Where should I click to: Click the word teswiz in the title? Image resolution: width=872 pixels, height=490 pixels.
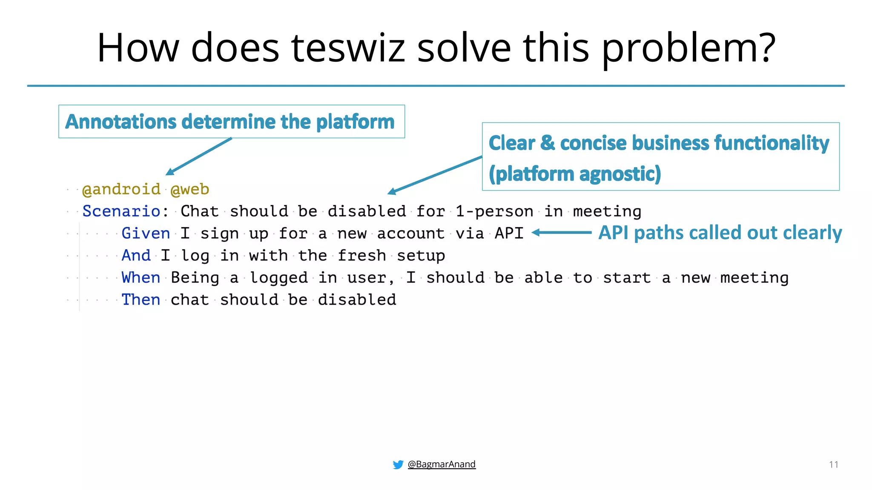coord(347,48)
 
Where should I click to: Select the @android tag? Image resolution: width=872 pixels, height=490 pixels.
coord(121,189)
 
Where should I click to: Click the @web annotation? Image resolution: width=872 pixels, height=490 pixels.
coord(190,189)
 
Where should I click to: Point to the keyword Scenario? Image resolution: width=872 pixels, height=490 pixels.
coord(121,211)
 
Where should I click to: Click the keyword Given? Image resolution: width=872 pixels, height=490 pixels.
coord(146,234)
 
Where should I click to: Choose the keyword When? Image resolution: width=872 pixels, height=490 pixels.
coord(141,278)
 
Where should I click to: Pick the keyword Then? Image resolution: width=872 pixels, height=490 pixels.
coord(141,300)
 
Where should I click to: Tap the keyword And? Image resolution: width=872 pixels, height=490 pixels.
coord(136,256)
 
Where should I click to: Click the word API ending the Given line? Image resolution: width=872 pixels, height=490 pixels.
coord(509,234)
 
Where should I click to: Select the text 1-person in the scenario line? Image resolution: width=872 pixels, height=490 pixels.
coord(494,211)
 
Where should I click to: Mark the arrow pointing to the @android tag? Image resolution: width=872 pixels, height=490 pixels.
coord(198,157)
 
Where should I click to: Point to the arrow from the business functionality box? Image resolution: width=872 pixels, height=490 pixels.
coord(434,175)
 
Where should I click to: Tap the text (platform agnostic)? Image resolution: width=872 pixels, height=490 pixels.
coord(574,174)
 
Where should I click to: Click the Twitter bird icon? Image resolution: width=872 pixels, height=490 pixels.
coord(398,464)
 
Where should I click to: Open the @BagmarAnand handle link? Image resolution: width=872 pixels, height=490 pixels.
coord(442,464)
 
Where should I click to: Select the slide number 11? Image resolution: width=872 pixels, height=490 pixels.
coord(833,464)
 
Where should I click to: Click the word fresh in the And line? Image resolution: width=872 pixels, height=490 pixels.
coord(362,256)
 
